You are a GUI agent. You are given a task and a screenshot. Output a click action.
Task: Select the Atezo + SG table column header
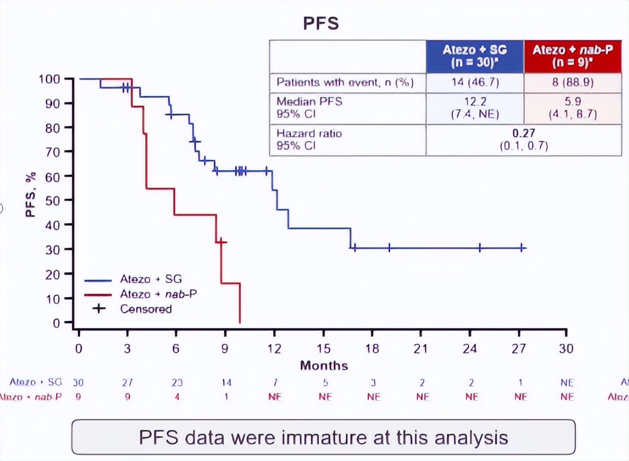(474, 57)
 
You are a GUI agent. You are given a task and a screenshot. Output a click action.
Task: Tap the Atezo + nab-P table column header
(572, 57)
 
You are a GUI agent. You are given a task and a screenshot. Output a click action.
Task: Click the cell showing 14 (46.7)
(474, 82)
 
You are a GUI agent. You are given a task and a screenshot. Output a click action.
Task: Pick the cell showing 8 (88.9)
(572, 82)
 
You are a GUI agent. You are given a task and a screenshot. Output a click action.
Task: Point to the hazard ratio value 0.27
(523, 134)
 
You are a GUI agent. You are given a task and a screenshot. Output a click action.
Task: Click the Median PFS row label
(309, 101)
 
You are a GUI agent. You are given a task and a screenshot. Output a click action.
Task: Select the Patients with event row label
(345, 82)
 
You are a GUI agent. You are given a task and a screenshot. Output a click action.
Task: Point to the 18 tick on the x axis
(372, 348)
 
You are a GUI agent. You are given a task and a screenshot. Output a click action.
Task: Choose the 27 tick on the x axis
(519, 348)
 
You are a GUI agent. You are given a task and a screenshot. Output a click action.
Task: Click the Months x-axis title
(324, 366)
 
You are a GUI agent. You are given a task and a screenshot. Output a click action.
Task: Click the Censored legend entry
(145, 309)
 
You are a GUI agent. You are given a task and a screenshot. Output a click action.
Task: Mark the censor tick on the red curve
(221, 242)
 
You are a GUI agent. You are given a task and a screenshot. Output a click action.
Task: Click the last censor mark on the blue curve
(521, 248)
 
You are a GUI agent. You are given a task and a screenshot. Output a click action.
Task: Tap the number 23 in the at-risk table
(177, 383)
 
